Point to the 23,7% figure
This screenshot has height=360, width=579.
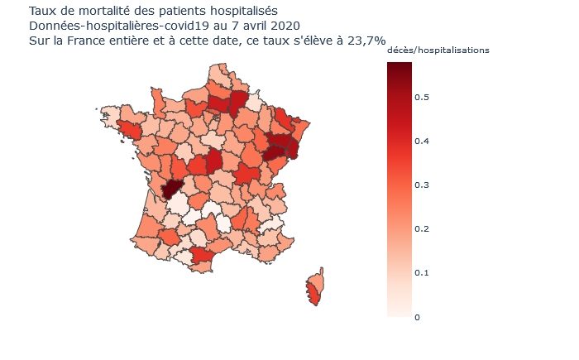[x=366, y=41]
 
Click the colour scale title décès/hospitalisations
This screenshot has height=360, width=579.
[x=438, y=50]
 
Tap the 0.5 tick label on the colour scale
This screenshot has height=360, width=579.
[x=422, y=97]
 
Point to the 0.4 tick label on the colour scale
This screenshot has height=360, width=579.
[x=422, y=142]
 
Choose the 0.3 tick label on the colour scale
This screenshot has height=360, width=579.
[x=422, y=185]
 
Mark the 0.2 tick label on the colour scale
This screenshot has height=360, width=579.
[x=422, y=229]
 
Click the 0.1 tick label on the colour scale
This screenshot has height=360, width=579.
[x=422, y=273]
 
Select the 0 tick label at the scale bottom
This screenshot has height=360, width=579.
[x=417, y=318]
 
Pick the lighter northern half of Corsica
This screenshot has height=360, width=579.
[x=318, y=280]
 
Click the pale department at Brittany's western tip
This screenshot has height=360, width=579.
[x=110, y=114]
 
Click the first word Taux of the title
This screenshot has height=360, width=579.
[x=41, y=11]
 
